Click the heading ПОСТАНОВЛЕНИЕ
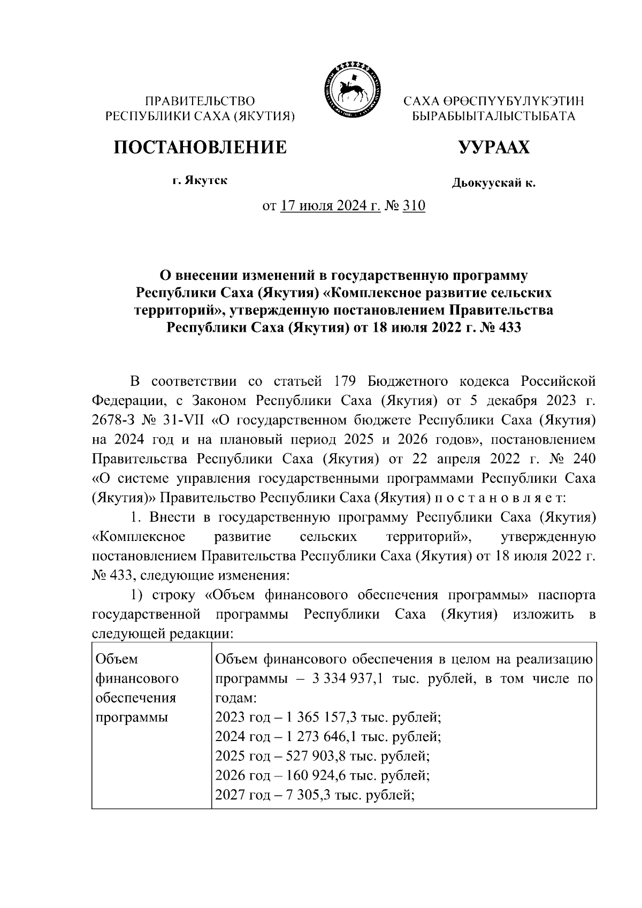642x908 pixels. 200,147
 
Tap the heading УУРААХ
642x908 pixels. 493,147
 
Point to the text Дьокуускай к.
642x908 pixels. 493,184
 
